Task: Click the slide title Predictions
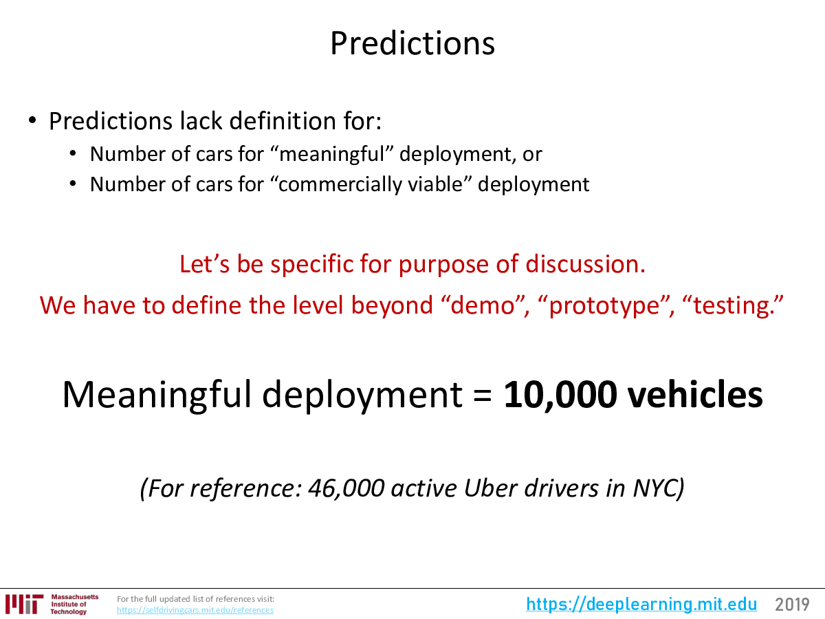click(x=412, y=43)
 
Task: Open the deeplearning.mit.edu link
click(x=641, y=604)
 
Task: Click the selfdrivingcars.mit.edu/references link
click(x=195, y=610)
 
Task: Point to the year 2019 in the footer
click(x=792, y=605)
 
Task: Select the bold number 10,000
click(x=560, y=395)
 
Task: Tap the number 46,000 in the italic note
click(x=346, y=488)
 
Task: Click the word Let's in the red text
click(x=204, y=264)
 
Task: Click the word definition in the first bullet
click(x=283, y=121)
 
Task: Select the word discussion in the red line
click(x=585, y=264)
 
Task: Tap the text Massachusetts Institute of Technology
click(x=74, y=604)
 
